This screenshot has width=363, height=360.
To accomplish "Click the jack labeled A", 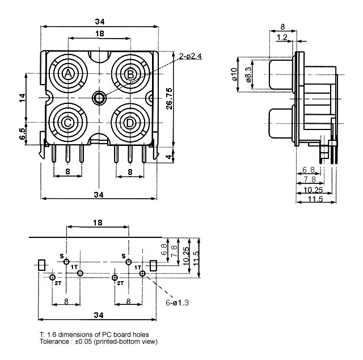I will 69,74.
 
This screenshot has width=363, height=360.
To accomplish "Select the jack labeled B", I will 130,74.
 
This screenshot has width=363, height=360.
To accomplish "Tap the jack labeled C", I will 69,122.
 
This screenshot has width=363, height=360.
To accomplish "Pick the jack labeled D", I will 130,122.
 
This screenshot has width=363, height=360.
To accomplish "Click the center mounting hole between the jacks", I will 100,98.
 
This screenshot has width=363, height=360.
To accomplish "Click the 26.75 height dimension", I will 161,98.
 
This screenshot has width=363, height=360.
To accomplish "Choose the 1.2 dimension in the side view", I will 282,38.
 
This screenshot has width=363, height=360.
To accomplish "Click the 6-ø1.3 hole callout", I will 177,302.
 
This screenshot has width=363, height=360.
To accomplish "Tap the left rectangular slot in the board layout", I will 41,265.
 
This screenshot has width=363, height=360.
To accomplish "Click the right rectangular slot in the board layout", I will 153,265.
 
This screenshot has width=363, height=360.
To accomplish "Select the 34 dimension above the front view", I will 100,22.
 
